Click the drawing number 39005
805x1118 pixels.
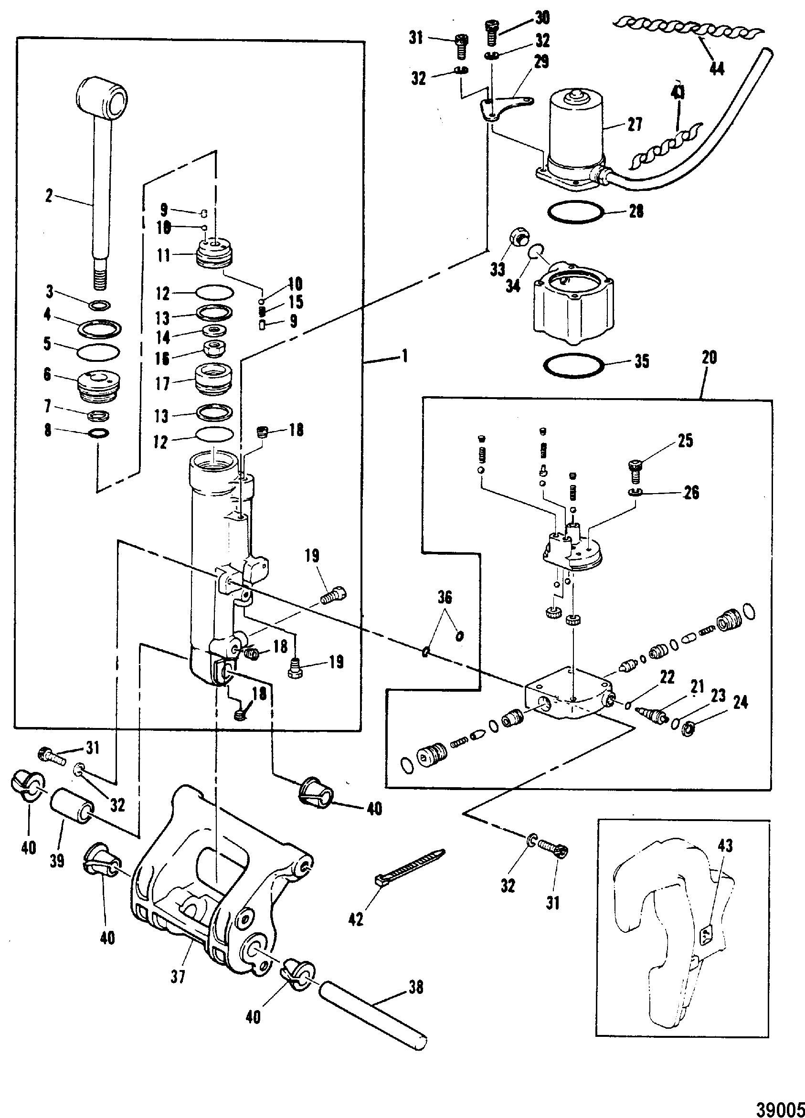776,1105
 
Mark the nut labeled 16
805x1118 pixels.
214,350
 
